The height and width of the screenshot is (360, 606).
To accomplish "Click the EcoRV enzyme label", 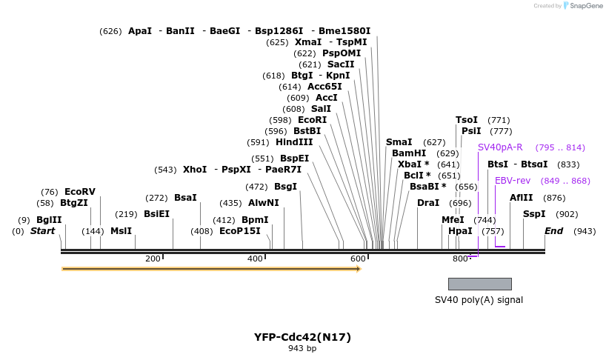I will (x=79, y=192).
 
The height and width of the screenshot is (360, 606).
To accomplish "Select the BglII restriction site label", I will (x=49, y=220).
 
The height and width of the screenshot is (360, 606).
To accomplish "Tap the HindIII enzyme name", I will (x=294, y=142).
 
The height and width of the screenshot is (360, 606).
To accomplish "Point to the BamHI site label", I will (x=409, y=153).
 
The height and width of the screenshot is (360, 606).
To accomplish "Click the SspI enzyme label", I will (x=534, y=214).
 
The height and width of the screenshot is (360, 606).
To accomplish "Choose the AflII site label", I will (x=522, y=198).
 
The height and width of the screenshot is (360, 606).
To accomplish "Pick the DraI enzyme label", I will (x=428, y=203).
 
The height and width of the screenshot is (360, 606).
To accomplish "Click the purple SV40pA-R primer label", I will (x=500, y=147).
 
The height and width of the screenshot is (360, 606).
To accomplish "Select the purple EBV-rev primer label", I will (x=513, y=181).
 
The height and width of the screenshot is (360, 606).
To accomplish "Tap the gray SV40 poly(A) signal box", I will (x=479, y=284).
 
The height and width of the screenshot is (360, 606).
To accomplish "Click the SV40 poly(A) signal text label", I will (x=479, y=300).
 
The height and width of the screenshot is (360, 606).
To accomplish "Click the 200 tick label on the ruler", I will (x=153, y=259).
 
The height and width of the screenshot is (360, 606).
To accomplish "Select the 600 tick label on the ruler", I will (x=358, y=259).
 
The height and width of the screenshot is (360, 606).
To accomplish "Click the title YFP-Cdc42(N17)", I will (x=302, y=337).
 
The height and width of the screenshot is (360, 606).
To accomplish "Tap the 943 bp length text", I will (x=302, y=349).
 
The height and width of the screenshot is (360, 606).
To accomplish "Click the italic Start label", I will (x=42, y=231).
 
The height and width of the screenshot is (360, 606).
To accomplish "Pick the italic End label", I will (x=553, y=231).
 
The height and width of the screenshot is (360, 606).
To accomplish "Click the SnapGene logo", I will (x=581, y=6).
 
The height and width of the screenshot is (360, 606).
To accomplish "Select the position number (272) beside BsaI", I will (x=156, y=198).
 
